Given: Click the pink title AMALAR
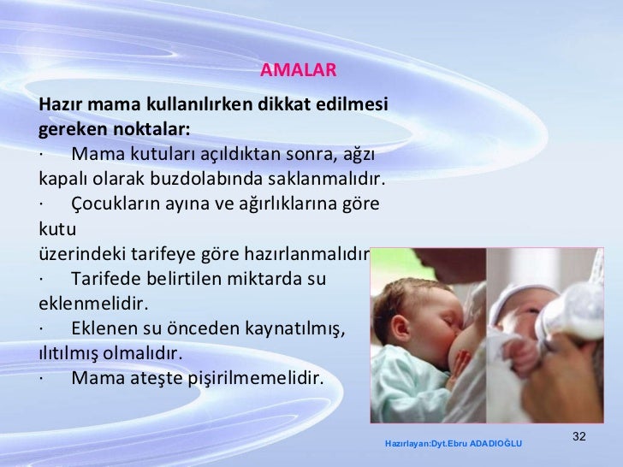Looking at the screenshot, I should [x=299, y=69].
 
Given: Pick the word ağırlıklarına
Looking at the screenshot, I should [x=298, y=204].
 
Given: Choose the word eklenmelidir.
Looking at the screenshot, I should [x=94, y=304].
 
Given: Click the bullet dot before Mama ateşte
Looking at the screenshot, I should [x=41, y=378].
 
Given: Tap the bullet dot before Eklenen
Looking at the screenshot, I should [x=41, y=328].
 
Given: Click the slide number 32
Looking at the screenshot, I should [x=578, y=437].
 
